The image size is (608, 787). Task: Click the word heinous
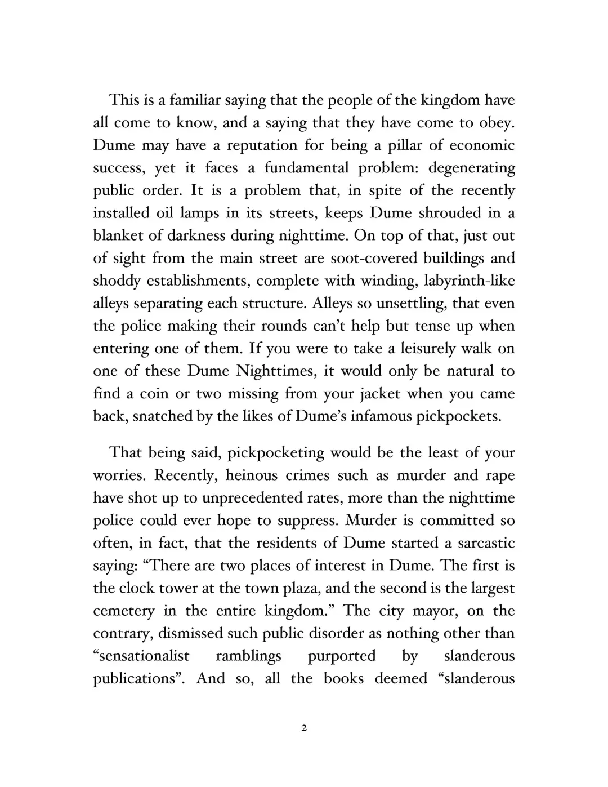coord(252,475)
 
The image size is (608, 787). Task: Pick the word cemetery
coord(124,611)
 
